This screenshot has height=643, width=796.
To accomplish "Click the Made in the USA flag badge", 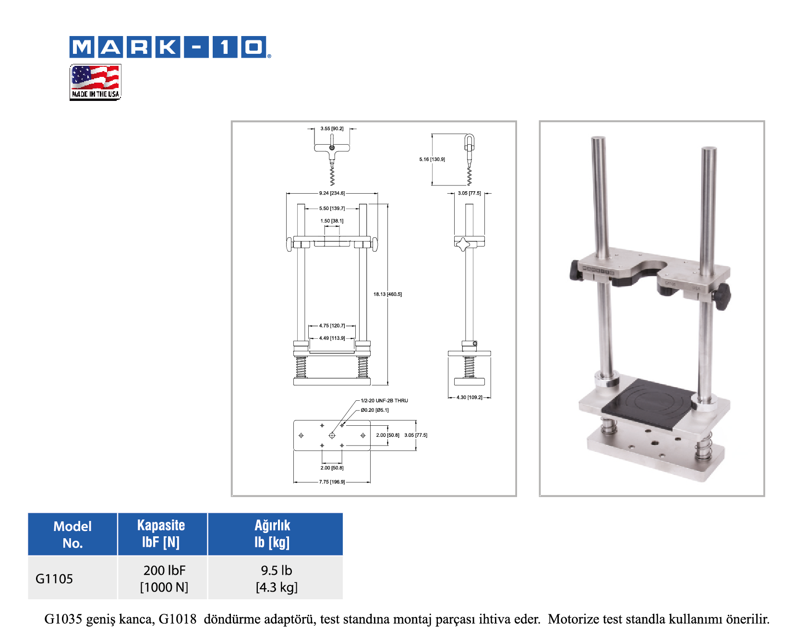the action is tap(95, 82).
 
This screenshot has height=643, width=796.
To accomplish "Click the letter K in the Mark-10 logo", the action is tap(168, 47).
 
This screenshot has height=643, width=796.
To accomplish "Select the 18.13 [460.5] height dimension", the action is tap(387, 294).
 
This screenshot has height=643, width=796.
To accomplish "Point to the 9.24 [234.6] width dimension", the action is tap(332, 193).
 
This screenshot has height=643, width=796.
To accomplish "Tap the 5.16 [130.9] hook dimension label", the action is tap(432, 160).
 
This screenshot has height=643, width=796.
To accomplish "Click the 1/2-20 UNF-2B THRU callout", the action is tap(384, 400).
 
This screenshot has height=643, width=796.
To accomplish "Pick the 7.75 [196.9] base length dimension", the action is tap(332, 482).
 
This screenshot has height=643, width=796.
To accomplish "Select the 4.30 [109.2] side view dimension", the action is tap(470, 397).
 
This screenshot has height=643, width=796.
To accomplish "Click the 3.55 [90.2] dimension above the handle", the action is tap(332, 129).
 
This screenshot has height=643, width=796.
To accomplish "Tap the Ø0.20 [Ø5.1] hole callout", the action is tap(374, 410).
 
